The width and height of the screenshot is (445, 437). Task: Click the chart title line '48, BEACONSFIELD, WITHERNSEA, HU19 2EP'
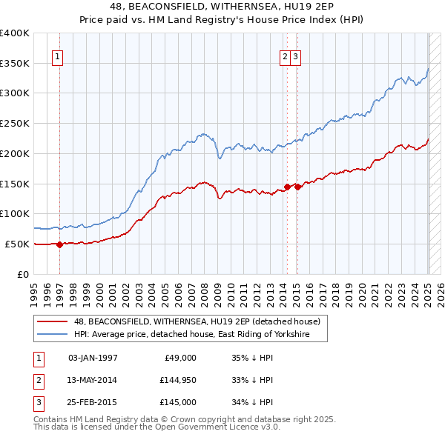[x=222, y=7]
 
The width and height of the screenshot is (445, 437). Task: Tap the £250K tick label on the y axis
[x=14, y=123]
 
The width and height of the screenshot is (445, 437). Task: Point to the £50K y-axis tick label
[x=16, y=244]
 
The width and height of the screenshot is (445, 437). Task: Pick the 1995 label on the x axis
[x=33, y=289]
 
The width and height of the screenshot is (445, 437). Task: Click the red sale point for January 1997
[x=60, y=244]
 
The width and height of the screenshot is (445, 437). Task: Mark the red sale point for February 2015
[x=297, y=187]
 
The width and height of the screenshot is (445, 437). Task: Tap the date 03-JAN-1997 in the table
[x=93, y=357]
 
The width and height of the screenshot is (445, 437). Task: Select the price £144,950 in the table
[x=176, y=380]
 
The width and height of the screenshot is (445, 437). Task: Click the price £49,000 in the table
[x=179, y=357]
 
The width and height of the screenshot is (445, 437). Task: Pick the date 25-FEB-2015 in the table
[x=93, y=403]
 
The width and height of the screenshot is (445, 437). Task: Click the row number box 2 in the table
[x=37, y=380]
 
